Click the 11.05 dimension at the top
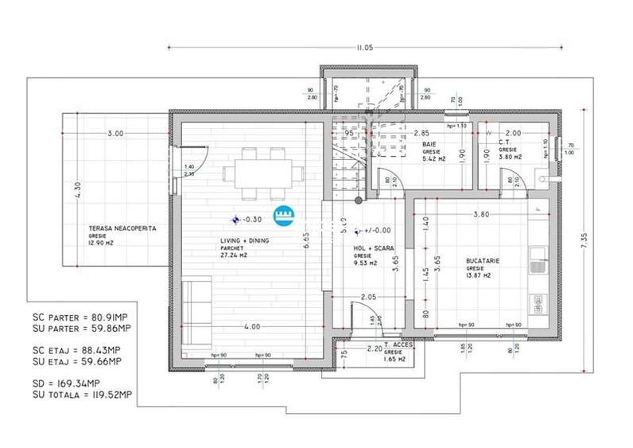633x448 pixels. tap(365, 47)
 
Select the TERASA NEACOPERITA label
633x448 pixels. tap(122, 228)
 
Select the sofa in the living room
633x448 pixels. tap(196, 311)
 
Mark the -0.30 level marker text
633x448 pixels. tap(253, 219)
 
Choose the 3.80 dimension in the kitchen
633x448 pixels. tap(481, 214)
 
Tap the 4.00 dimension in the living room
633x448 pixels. tap(252, 326)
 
